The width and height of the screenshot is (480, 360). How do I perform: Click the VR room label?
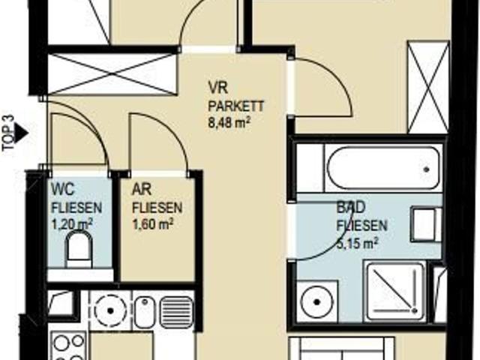click(217, 88)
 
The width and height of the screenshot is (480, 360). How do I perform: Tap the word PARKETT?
click(235, 106)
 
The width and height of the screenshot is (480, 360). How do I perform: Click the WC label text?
click(63, 189)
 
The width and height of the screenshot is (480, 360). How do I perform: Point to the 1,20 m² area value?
click(72, 225)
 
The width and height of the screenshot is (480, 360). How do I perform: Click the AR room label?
click(142, 190)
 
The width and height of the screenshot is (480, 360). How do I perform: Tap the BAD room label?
click(351, 207)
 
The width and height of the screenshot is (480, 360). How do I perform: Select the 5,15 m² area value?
click(357, 243)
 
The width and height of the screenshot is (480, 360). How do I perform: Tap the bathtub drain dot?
click(426, 169)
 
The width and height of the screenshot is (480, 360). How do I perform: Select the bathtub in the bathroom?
click(383, 169)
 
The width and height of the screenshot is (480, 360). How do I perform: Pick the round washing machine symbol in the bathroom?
click(316, 301)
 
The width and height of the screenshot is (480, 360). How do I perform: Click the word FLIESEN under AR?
click(157, 208)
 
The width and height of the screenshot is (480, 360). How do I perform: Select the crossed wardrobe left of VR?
click(112, 73)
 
